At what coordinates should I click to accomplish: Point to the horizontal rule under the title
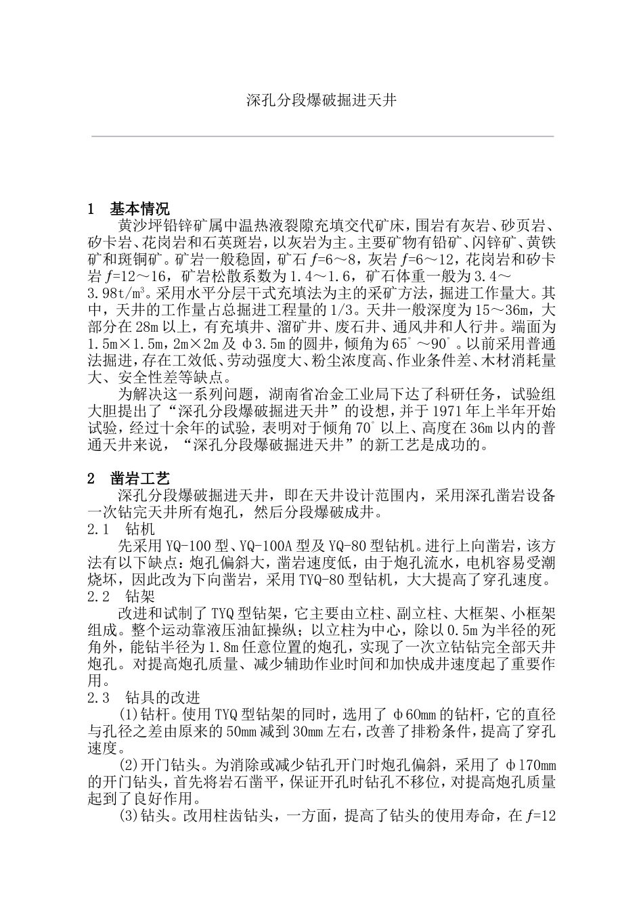click(x=322, y=137)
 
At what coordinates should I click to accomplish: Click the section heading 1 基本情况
click(x=129, y=210)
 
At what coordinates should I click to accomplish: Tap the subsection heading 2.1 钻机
click(x=121, y=530)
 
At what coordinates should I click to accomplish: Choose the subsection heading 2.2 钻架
click(x=121, y=597)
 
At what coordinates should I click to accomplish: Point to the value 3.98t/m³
click(x=119, y=295)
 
